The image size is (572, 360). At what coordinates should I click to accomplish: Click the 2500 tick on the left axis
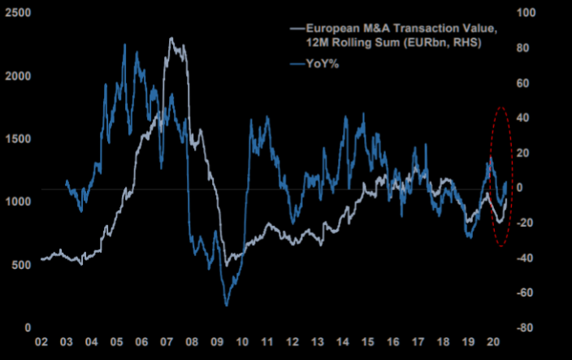(x=18, y=12)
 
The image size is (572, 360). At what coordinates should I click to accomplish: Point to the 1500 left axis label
(x=18, y=138)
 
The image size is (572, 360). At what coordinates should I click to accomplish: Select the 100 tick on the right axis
(x=529, y=12)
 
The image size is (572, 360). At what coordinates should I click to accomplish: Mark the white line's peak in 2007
(x=171, y=38)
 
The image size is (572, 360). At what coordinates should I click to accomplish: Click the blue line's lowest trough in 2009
(x=226, y=305)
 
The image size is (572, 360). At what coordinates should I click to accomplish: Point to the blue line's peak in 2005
(x=124, y=46)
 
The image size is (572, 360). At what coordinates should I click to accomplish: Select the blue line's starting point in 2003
(x=66, y=180)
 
